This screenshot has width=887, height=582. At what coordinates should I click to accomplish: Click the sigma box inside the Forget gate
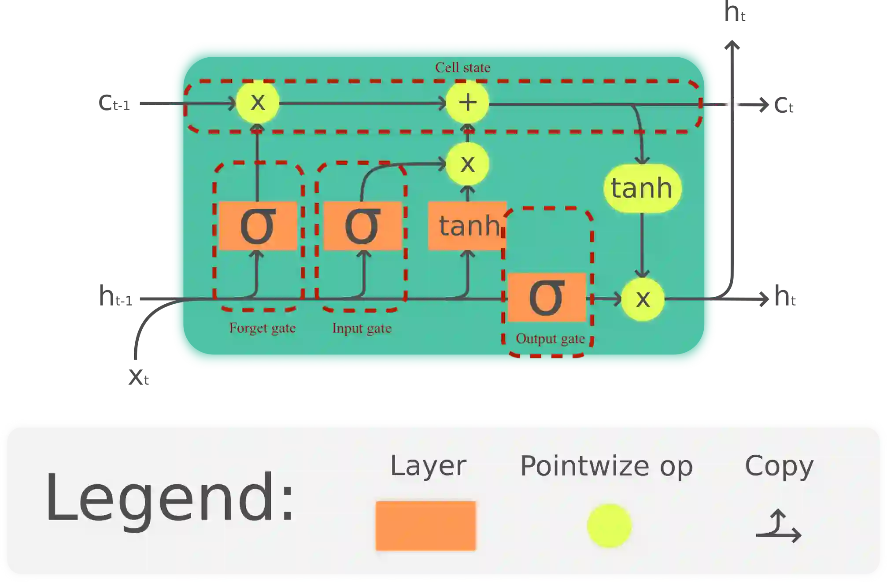258,226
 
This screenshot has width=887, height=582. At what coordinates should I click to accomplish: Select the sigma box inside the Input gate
362,226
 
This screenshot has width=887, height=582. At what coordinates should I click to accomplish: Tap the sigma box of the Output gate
547,298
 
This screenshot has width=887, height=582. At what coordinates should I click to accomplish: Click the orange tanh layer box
467,226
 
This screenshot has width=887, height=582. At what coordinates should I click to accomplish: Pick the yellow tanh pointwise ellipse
642,188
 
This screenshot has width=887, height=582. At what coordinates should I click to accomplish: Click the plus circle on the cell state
467,103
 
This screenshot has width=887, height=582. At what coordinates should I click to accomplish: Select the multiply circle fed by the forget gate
258,103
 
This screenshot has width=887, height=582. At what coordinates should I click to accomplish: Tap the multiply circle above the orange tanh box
467,164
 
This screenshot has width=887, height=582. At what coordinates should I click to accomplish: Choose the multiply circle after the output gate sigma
643,299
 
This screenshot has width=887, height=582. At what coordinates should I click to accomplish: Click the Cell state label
462,67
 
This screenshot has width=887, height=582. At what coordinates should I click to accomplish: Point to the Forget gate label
262,328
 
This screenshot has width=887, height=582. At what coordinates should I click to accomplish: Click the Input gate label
362,328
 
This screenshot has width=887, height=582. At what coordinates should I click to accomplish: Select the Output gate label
550,339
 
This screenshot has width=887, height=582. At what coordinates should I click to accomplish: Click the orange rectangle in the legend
425,526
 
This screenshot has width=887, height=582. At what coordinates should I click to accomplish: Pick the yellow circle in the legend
609,526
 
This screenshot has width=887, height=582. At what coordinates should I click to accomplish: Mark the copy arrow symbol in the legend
779,527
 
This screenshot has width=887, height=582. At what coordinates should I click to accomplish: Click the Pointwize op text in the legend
606,466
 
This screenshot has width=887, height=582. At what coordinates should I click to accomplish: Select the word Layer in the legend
428,466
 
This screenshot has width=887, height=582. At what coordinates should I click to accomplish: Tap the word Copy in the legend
779,466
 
